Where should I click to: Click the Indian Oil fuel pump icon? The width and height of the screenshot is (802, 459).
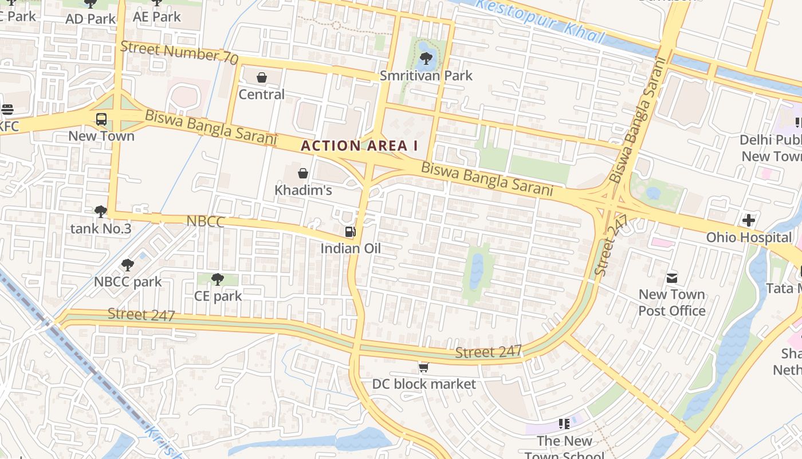click(x=349, y=232)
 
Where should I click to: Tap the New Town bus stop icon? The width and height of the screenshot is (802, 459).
click(x=101, y=119)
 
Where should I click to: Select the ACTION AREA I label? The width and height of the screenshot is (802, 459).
click(x=359, y=146)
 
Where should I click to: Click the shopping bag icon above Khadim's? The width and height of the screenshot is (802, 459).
click(x=303, y=173)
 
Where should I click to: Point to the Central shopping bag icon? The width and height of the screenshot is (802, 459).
click(x=262, y=77)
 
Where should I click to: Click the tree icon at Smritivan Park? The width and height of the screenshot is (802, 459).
click(x=426, y=58)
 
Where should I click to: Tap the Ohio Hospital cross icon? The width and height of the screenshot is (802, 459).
click(x=748, y=220)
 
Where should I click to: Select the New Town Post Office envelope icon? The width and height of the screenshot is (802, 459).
click(x=672, y=278)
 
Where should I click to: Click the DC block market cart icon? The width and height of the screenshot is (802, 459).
click(x=423, y=367)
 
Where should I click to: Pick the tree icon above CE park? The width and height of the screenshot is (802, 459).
click(x=217, y=279)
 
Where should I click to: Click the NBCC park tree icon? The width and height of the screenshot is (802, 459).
click(x=128, y=265)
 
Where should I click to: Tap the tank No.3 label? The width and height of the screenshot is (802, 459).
click(x=101, y=229)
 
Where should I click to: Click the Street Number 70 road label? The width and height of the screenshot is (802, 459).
click(x=179, y=52)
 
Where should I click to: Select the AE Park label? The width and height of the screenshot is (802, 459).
click(x=157, y=17)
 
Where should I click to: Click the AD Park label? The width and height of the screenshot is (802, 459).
click(x=91, y=18)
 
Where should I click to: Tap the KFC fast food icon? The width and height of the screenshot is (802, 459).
click(x=7, y=109)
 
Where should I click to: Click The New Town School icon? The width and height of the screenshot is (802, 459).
click(x=564, y=424)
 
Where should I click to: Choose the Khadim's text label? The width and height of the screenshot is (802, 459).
click(x=303, y=190)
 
